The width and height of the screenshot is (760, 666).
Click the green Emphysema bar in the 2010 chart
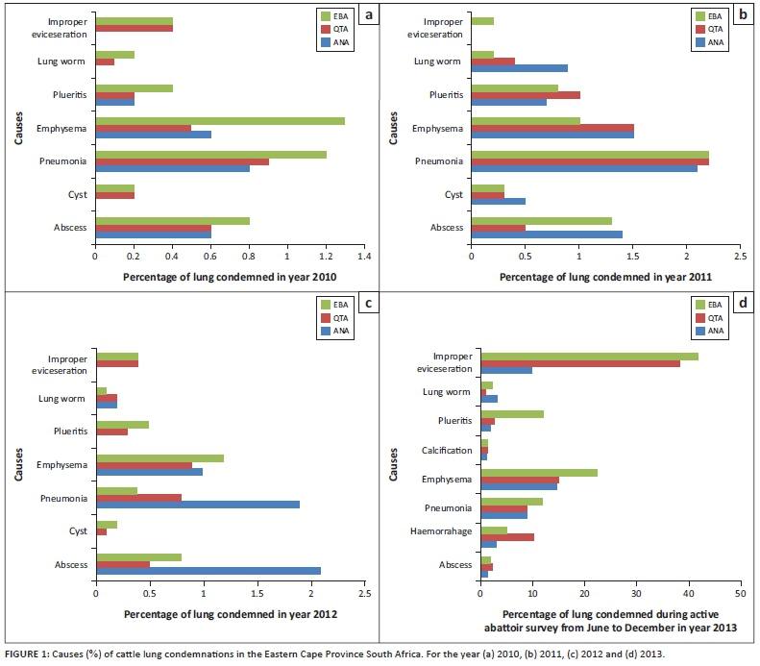pos(219,121)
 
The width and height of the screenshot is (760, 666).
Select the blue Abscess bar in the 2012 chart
pos(208,571)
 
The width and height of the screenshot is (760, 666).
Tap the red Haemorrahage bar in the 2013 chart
pos(506,536)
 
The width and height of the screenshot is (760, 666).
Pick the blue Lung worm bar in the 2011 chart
pos(519,68)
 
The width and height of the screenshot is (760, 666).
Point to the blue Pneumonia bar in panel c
pos(197,504)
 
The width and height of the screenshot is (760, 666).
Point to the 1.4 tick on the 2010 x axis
pos(364,259)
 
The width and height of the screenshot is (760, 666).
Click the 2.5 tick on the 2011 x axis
pos(739,259)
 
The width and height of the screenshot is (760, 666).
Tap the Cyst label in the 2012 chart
pos(78,531)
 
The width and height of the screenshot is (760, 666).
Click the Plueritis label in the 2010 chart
pos(70,95)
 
